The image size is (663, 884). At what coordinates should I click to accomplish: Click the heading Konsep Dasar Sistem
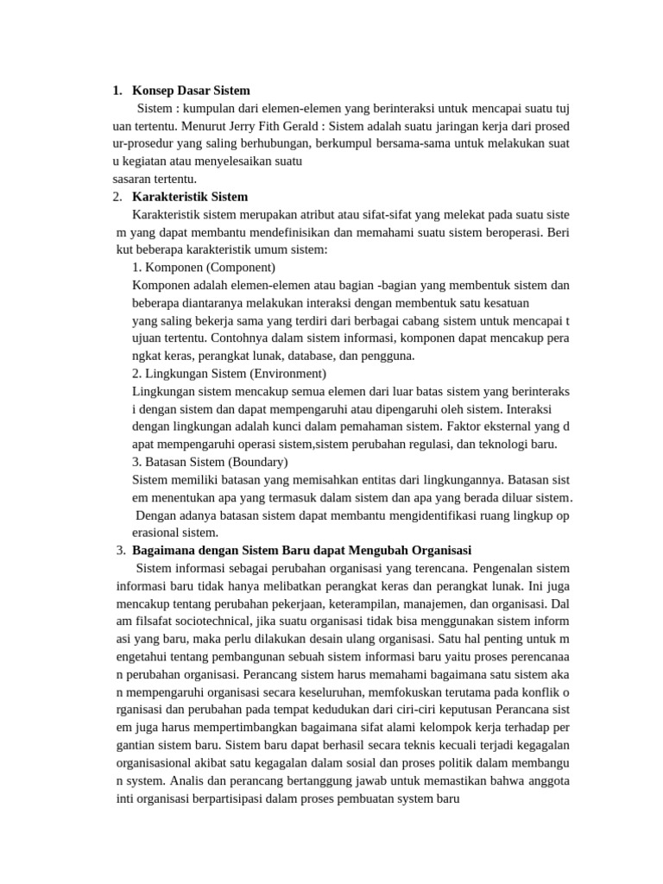[191, 91]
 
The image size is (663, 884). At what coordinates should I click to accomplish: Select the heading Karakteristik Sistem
[190, 197]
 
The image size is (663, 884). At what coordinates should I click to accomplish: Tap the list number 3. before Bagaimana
[121, 551]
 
